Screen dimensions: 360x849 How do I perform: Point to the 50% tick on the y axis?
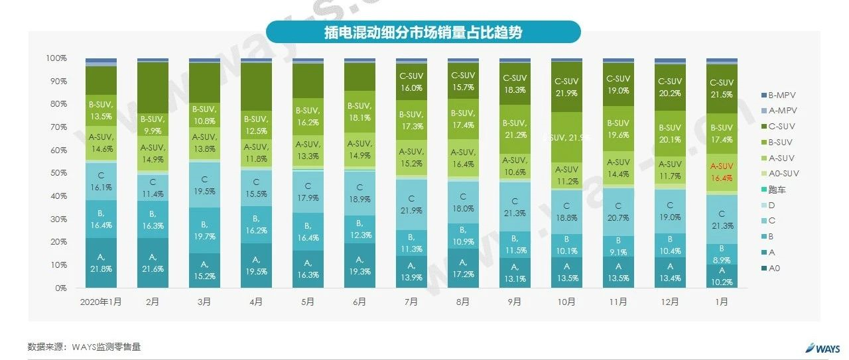point(56,173)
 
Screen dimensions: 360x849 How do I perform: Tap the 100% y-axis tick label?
point(56,58)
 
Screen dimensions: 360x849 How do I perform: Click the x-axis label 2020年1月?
point(101,302)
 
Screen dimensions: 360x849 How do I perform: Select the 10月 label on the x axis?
point(566,302)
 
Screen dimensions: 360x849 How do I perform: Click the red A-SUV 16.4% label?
point(722,172)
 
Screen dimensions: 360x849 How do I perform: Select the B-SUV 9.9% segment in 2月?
point(153,124)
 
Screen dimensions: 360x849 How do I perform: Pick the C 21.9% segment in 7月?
point(411,204)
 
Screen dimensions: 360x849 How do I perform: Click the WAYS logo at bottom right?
point(822,347)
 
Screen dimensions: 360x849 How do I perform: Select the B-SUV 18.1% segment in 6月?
point(359,111)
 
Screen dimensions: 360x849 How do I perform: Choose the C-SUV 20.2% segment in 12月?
point(670,87)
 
